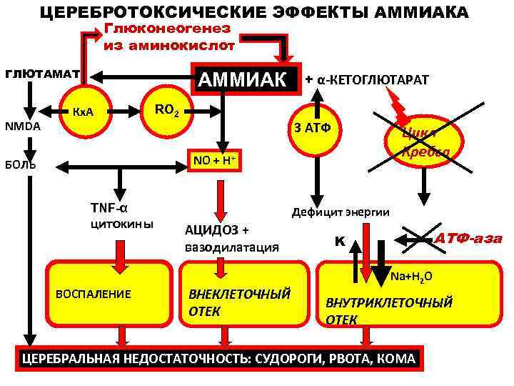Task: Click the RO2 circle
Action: [x=168, y=110]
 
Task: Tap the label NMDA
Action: [x=23, y=126]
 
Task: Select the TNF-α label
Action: [x=109, y=208]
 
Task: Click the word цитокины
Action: [x=120, y=224]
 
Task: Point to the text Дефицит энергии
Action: [x=340, y=212]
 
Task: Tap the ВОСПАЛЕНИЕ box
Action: [x=94, y=294]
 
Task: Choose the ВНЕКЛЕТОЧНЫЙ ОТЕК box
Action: [x=239, y=302]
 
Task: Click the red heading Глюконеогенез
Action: [x=168, y=29]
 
